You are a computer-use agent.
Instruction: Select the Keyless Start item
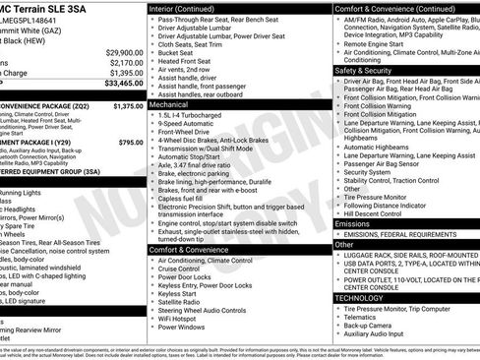(177, 292)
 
